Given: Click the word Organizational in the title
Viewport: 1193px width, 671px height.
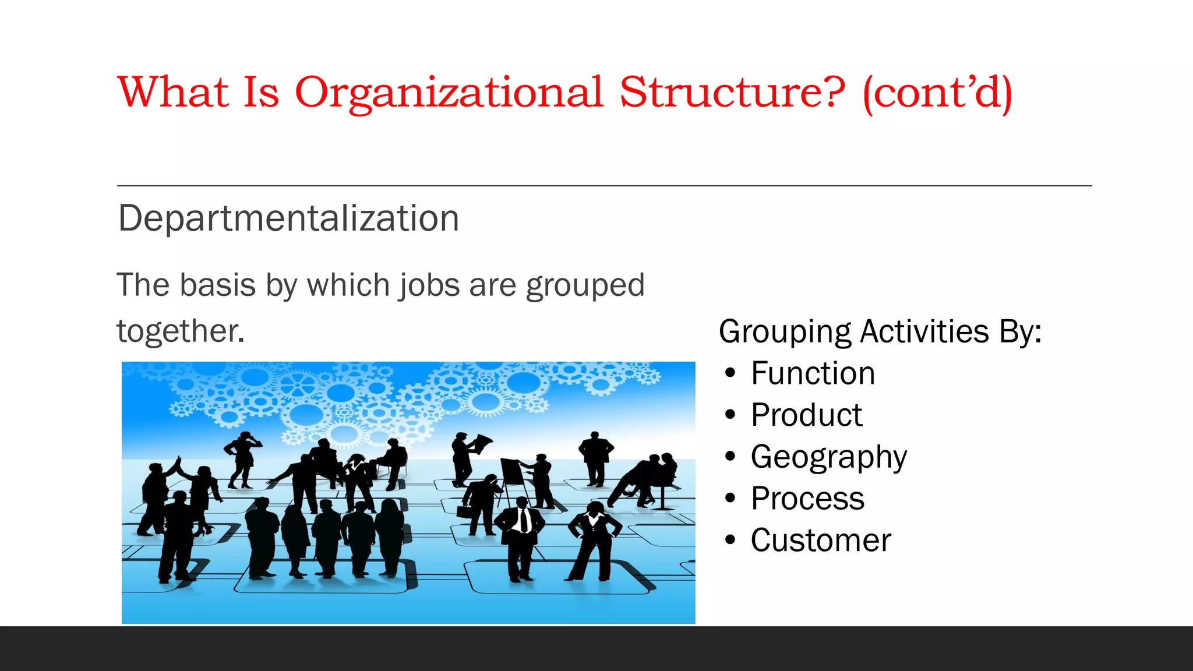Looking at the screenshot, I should click(x=449, y=93).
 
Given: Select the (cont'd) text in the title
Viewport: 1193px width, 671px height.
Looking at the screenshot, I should click(x=937, y=93).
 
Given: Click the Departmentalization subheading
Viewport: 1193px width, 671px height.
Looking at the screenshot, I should click(x=288, y=218).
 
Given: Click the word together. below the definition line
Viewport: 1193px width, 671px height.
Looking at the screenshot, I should click(x=181, y=331).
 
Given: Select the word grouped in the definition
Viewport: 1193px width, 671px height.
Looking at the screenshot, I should click(x=585, y=286).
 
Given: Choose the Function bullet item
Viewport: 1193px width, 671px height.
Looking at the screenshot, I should click(x=813, y=373).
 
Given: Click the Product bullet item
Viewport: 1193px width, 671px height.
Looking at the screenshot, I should click(x=806, y=415).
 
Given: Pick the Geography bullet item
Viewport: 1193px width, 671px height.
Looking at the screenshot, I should click(x=828, y=457).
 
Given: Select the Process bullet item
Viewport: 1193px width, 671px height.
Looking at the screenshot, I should click(x=807, y=499).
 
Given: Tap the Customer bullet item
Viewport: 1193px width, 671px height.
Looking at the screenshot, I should click(x=821, y=541).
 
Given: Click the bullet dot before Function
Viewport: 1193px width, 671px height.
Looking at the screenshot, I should click(x=730, y=373).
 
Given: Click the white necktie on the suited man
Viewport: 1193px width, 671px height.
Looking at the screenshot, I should click(x=524, y=520).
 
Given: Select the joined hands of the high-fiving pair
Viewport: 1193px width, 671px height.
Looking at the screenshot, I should click(x=178, y=461).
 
